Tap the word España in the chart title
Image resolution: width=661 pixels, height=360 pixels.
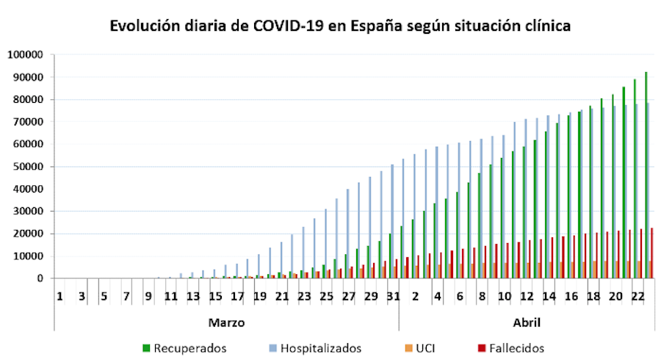[x=377, y=26]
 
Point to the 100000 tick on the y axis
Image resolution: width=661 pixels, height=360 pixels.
[x=26, y=55]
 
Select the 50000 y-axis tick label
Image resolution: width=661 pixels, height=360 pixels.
[x=29, y=167]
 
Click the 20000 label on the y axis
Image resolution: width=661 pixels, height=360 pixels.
[x=29, y=234]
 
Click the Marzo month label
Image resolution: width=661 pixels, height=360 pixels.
[x=226, y=323]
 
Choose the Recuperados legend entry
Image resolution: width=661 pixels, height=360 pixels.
[x=190, y=348]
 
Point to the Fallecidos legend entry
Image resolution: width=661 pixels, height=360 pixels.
[x=515, y=348]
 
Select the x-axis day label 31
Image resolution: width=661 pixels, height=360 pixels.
[x=392, y=296]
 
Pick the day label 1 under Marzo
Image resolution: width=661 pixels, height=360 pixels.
[x=59, y=296]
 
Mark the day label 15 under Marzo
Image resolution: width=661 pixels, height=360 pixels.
[x=215, y=296]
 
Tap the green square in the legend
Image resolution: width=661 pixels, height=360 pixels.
[x=147, y=348]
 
